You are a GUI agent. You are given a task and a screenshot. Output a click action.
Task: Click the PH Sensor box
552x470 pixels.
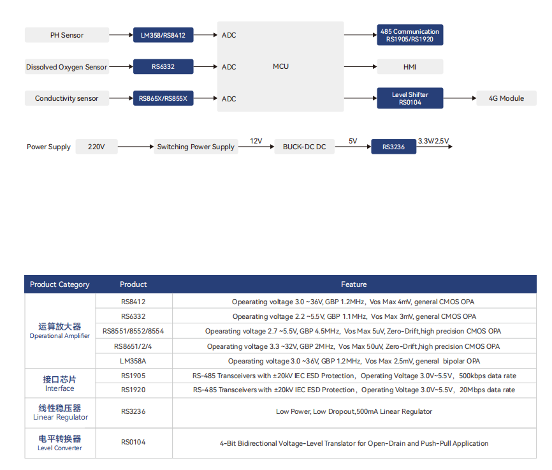(67, 35)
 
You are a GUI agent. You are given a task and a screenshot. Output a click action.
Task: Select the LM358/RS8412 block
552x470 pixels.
(163, 35)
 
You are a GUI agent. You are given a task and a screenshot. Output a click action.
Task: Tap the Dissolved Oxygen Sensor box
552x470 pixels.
(67, 66)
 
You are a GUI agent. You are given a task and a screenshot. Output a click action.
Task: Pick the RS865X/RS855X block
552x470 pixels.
(163, 98)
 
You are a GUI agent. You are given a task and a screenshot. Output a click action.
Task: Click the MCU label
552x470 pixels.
(280, 66)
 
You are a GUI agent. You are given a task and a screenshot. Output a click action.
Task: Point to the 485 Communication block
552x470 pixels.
(410, 35)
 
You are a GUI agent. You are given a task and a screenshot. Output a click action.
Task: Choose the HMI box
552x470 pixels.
(410, 66)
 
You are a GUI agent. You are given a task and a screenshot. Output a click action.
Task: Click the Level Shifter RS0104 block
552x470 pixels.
(410, 98)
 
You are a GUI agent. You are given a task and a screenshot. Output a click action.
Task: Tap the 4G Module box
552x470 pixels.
(506, 98)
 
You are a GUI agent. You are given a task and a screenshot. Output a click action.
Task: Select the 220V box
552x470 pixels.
(96, 147)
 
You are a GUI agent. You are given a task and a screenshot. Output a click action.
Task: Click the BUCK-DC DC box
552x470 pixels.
(305, 147)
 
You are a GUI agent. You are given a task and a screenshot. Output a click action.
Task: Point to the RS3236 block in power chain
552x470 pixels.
(393, 147)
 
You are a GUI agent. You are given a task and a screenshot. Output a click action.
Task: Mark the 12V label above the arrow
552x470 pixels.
(256, 141)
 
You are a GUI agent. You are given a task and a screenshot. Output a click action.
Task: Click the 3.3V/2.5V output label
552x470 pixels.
(433, 141)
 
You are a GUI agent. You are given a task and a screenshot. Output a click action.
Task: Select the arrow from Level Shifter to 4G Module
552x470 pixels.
(460, 98)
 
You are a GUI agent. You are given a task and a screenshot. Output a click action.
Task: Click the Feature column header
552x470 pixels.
(354, 284)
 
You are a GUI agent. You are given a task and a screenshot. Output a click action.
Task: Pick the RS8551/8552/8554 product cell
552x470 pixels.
(133, 331)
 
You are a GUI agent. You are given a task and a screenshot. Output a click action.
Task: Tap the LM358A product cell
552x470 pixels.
(133, 361)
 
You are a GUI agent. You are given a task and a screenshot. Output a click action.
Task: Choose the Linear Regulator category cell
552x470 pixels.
(60, 413)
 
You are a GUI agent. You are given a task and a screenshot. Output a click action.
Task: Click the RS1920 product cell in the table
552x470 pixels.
(133, 390)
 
